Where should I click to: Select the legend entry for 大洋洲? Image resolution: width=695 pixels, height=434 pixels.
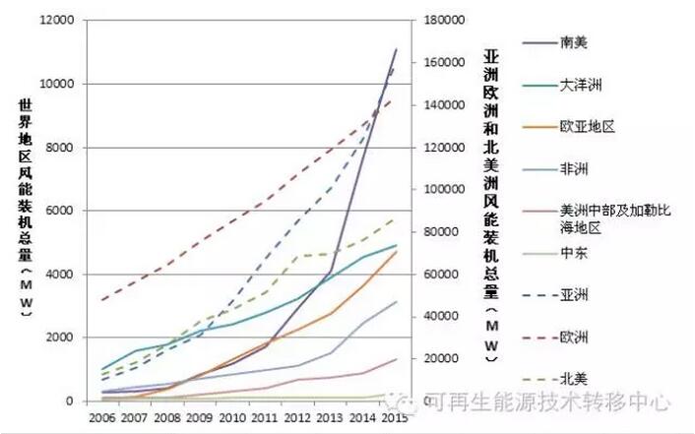click(x=581, y=85)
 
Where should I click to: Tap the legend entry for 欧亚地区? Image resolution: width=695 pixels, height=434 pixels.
click(x=587, y=127)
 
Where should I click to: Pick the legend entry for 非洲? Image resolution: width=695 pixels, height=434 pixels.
click(x=574, y=169)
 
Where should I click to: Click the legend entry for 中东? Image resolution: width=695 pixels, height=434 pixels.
click(x=574, y=252)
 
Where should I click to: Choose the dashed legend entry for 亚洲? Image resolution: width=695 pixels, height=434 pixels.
click(x=574, y=293)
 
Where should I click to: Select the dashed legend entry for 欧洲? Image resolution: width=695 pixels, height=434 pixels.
click(x=574, y=336)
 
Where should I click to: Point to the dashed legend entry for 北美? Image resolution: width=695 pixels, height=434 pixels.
click(x=574, y=378)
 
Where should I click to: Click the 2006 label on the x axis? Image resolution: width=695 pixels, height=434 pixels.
click(x=102, y=418)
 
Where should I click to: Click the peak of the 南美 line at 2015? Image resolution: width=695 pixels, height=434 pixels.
click(x=397, y=48)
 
